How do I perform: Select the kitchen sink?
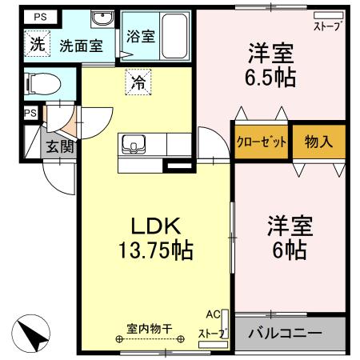pos(133,146)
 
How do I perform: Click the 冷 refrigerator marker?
pos(138,81)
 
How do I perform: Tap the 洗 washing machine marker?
pos(37,44)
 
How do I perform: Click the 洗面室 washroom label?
pos(81,46)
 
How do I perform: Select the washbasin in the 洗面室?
pos(101,20)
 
